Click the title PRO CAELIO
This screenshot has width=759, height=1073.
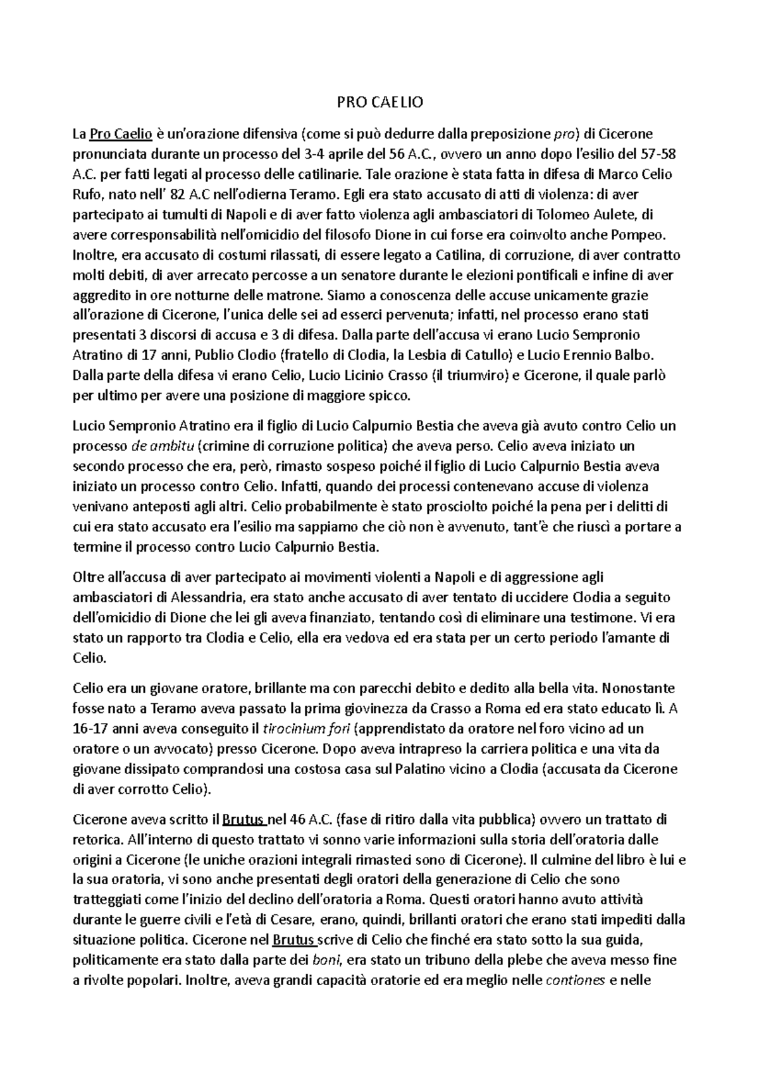(379, 102)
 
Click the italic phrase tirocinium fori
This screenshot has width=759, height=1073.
(306, 729)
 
